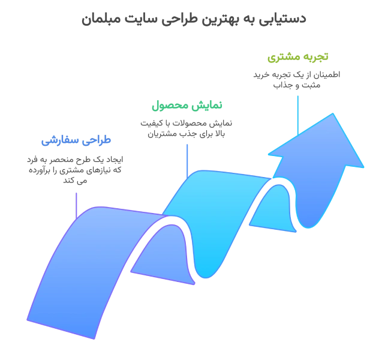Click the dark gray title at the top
193,20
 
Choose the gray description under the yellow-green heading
295,78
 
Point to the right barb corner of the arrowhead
362,165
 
